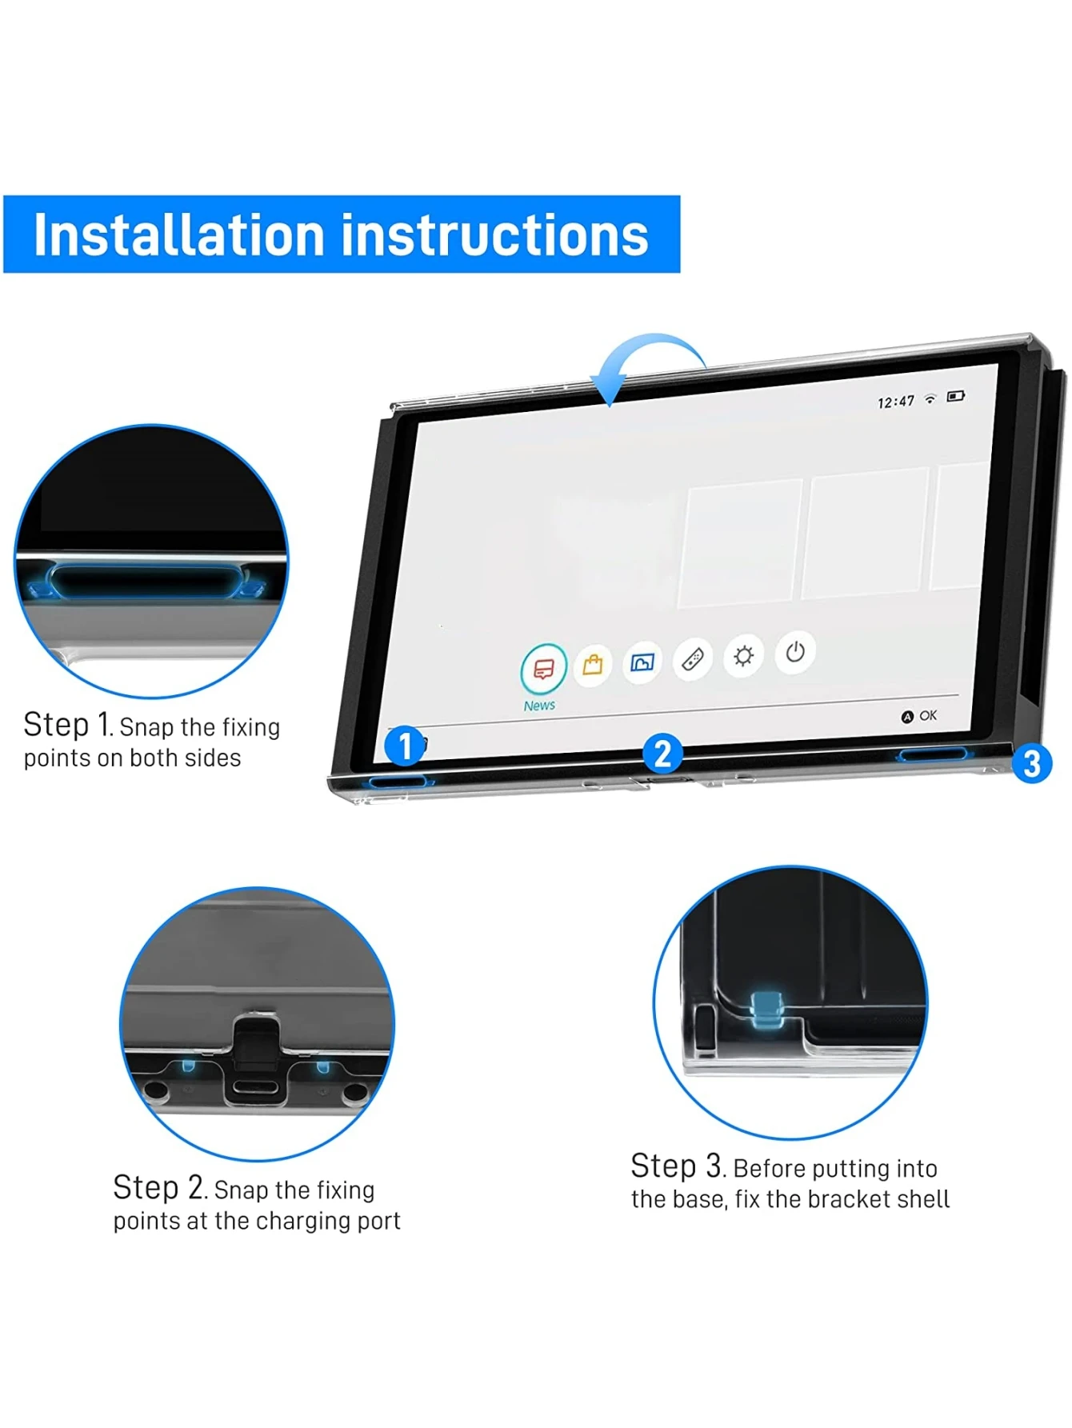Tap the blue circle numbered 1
(405, 746)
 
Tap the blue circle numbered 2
(662, 754)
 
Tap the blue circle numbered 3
(1031, 763)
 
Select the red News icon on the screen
(544, 669)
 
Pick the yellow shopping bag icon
(593, 664)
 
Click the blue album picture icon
(642, 662)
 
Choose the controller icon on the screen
(693, 659)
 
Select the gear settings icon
(744, 656)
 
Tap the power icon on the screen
(795, 652)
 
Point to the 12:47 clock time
(895, 402)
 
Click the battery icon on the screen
(956, 396)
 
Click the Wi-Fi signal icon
(930, 398)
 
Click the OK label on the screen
(928, 715)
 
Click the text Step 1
(67, 725)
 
